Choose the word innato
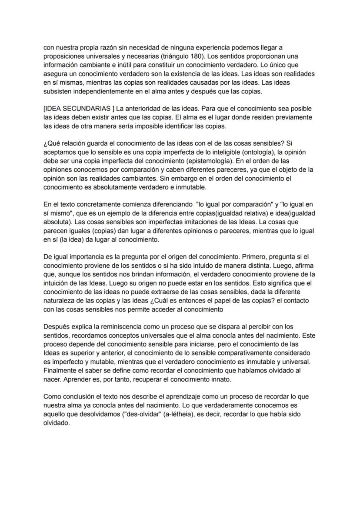point(220,379)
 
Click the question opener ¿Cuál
point(204,300)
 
